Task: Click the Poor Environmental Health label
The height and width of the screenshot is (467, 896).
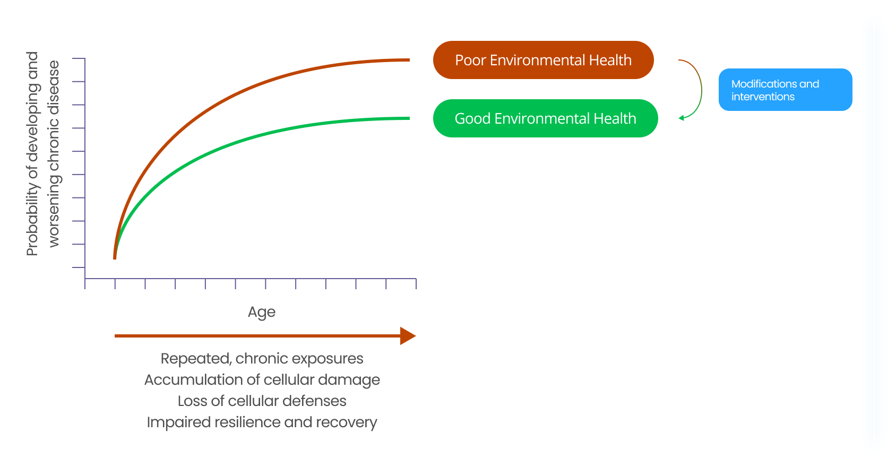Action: click(x=543, y=60)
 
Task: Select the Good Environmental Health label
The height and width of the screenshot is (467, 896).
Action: click(x=546, y=118)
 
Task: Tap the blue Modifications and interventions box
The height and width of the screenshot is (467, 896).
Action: click(x=785, y=90)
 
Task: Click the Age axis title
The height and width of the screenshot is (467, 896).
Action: click(x=262, y=312)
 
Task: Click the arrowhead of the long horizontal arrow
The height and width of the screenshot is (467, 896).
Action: click(x=408, y=336)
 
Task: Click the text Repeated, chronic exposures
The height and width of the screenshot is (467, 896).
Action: click(x=262, y=359)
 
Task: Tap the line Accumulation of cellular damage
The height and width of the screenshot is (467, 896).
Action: click(x=262, y=380)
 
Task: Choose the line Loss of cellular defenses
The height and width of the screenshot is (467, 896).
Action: click(x=262, y=401)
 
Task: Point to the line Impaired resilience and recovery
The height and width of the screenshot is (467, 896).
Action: click(x=262, y=422)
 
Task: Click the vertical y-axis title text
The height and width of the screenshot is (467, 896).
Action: click(x=43, y=154)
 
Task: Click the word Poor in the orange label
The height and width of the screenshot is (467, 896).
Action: click(x=470, y=60)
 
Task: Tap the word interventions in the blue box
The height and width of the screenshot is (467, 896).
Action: click(x=763, y=97)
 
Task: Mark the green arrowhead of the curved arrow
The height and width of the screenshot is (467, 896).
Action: click(x=682, y=118)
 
